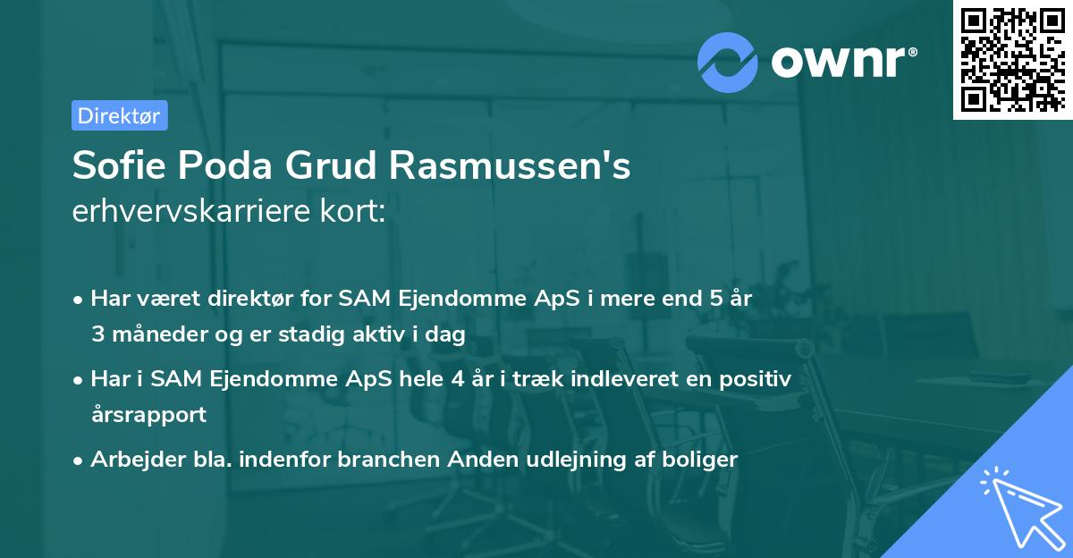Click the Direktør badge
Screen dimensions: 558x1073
pyautogui.click(x=119, y=115)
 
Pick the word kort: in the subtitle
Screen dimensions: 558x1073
pyautogui.click(x=358, y=214)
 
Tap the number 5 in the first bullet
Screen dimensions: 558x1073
pyautogui.click(x=715, y=300)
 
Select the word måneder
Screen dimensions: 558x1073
pyautogui.click(x=155, y=334)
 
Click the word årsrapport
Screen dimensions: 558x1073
pyautogui.click(x=148, y=414)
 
